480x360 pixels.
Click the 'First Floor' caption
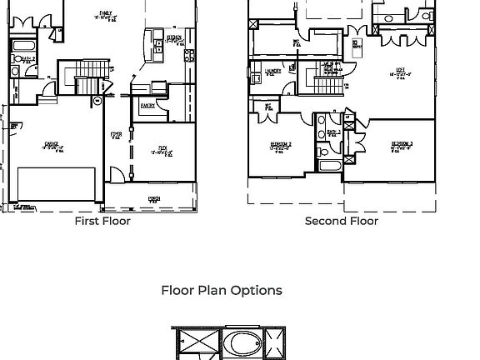coord(102,221)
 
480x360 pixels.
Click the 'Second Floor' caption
coord(341,221)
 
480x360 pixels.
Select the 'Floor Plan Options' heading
coord(221,290)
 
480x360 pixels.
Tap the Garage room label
coord(51,146)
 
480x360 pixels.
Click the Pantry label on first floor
coord(147,106)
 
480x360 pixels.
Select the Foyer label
coord(116,135)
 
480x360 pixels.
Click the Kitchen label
coord(174,38)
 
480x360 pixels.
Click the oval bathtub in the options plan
coord(242,343)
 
